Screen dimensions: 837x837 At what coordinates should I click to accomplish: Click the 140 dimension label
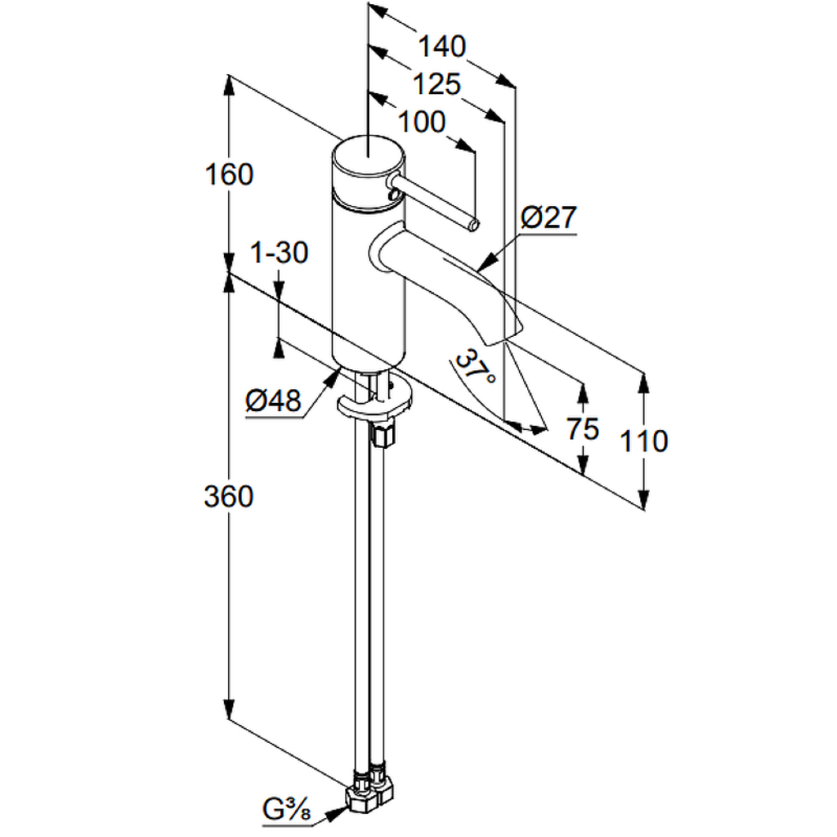point(441,47)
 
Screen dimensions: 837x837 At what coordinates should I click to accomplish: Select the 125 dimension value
point(436,84)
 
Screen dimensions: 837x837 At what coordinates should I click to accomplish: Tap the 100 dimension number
point(422,123)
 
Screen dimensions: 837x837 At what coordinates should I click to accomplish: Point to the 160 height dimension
point(229,175)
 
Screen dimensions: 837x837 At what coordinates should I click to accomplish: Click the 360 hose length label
point(229,496)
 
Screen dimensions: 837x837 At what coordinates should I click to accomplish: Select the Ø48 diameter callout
point(273,400)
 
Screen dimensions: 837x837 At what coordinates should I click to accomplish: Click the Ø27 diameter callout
point(549,217)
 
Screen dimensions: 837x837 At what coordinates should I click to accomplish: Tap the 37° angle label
point(475,368)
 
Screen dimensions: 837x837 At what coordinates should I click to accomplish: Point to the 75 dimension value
point(582,428)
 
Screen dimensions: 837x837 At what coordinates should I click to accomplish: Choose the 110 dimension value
point(644,441)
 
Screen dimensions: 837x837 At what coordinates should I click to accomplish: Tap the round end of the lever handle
point(473,226)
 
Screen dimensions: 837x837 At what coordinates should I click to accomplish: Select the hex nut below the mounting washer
point(383,433)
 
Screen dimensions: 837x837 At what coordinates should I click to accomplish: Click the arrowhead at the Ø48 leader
point(333,375)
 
